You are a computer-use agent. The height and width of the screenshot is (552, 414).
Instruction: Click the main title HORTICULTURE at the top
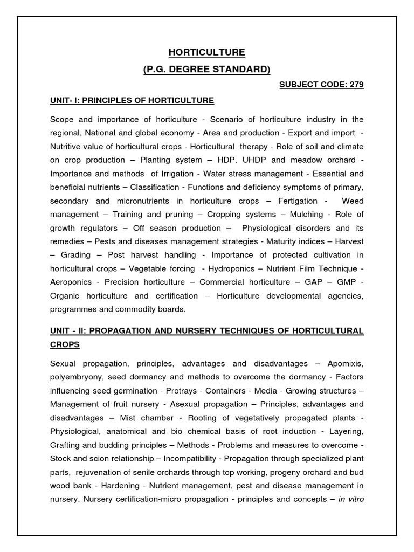tap(207, 52)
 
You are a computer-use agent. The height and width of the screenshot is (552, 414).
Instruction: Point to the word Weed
tap(353, 201)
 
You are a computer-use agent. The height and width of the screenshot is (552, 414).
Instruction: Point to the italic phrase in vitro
tap(351, 499)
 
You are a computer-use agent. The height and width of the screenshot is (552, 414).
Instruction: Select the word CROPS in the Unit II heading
tap(65, 343)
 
